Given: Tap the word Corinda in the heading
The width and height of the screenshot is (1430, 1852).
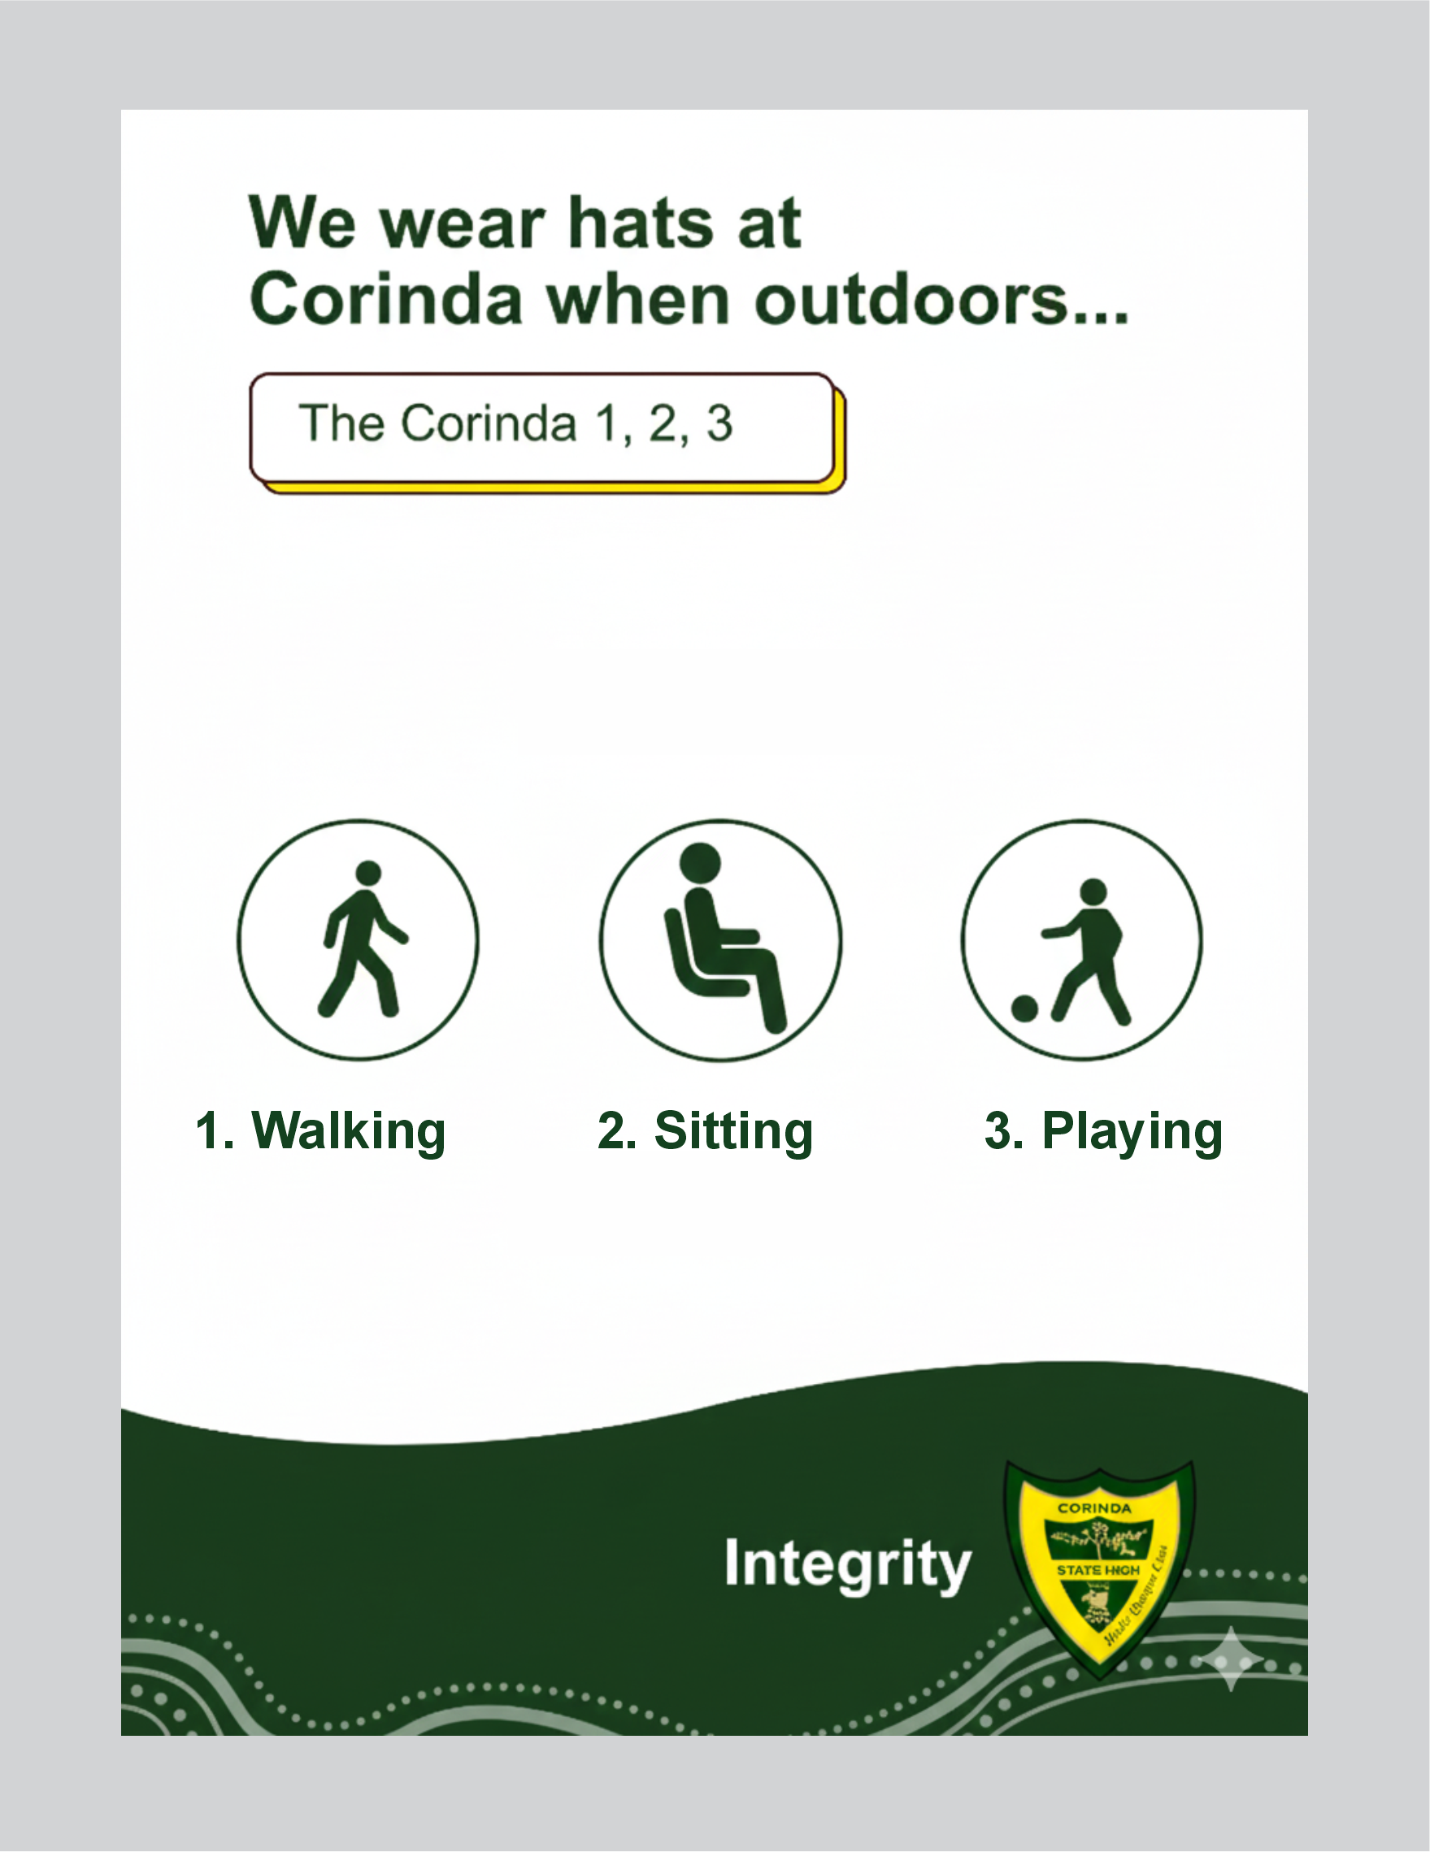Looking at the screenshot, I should (x=386, y=299).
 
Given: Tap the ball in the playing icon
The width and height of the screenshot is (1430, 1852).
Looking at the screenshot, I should (x=1024, y=1008).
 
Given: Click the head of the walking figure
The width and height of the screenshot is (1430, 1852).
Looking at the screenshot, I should (x=368, y=874).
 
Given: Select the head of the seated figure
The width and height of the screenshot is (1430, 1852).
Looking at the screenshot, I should (x=701, y=862).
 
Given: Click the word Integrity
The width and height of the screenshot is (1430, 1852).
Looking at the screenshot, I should (x=847, y=1564).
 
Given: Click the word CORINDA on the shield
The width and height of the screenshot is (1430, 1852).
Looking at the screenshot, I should (x=1094, y=1508).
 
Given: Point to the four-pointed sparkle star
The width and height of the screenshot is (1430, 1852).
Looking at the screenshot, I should (x=1231, y=1659).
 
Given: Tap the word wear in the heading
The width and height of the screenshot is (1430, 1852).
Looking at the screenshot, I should (x=463, y=225).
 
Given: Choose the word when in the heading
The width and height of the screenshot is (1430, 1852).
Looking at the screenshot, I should (x=637, y=299).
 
